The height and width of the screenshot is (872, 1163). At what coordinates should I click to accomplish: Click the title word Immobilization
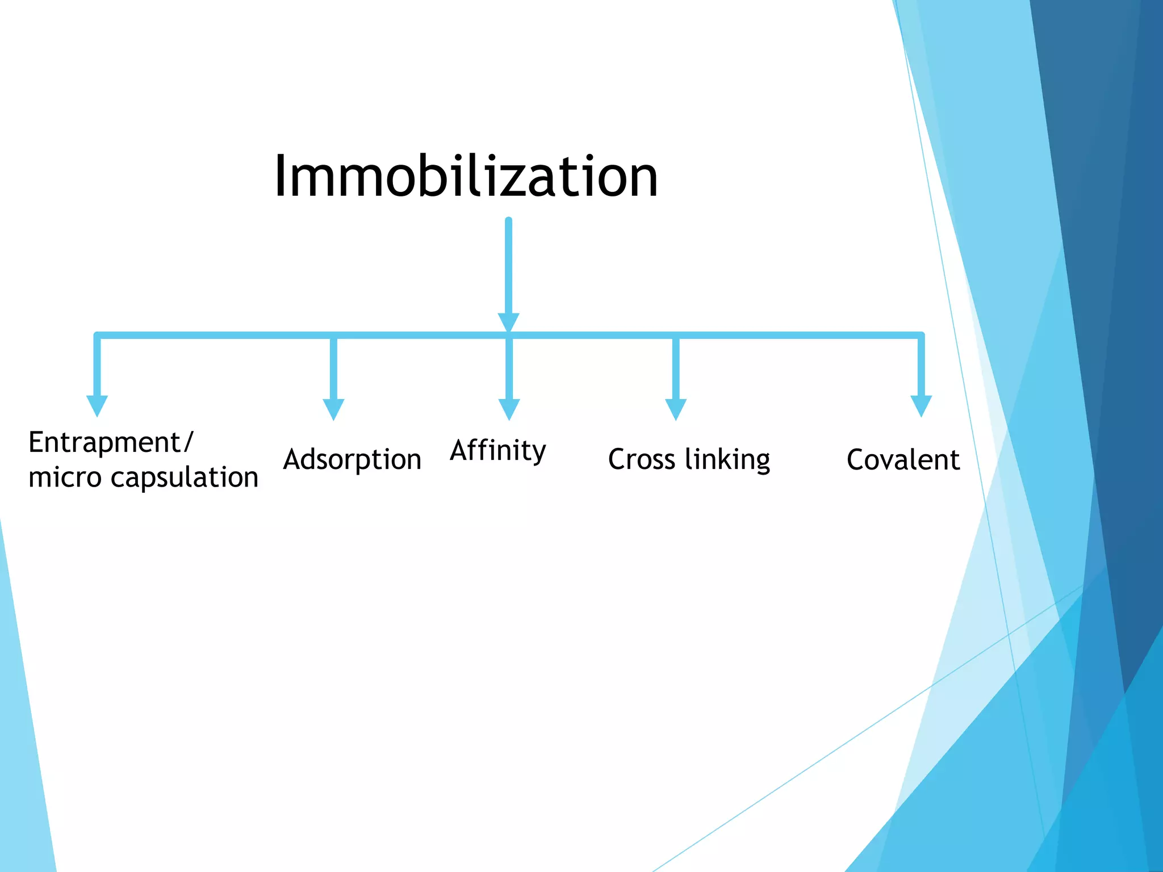466,177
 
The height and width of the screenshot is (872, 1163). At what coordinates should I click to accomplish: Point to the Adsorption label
352,459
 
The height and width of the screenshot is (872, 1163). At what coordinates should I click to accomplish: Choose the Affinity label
498,451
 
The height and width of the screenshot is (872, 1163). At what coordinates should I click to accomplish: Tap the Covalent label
903,459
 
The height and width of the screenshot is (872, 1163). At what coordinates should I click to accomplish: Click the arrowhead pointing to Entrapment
97,405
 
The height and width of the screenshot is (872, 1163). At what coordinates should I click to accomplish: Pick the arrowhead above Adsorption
333,408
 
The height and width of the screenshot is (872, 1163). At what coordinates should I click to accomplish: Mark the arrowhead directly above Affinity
509,408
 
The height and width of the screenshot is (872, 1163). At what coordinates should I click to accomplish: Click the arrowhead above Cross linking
676,408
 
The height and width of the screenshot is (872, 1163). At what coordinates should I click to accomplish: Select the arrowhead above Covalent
921,405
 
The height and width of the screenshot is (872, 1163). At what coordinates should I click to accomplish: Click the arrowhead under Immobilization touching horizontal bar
508,321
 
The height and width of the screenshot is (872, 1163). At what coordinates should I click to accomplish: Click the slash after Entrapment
189,443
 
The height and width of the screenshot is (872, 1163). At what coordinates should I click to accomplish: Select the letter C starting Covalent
856,459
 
